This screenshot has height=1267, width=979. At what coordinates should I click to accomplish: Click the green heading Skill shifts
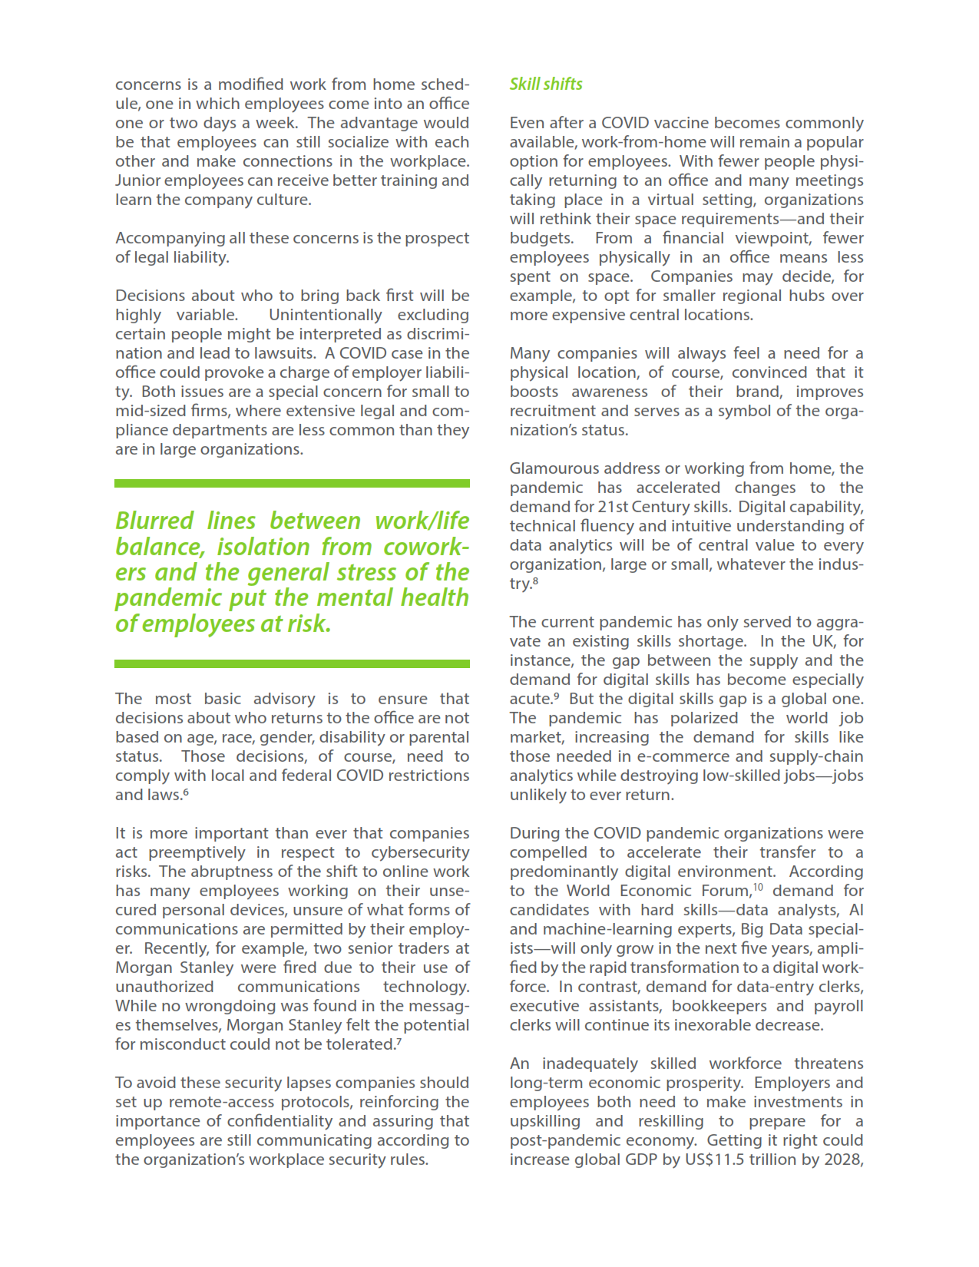[546, 84]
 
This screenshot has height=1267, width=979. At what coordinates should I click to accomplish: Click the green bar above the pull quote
[292, 484]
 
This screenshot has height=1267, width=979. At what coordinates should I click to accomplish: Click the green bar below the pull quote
[292, 663]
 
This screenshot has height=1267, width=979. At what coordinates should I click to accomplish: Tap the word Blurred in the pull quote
[154, 521]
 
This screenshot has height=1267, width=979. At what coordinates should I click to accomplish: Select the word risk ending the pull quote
[309, 624]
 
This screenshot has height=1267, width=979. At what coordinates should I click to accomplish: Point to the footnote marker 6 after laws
[186, 792]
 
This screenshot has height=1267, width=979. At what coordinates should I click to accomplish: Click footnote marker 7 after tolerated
[399, 1041]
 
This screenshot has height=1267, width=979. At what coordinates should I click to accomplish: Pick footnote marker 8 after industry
[535, 581]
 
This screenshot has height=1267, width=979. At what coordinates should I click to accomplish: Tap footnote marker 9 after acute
[555, 696]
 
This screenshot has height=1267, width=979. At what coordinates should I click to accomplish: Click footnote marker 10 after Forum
[758, 888]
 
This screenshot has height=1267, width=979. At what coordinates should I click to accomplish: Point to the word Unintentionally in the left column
[325, 315]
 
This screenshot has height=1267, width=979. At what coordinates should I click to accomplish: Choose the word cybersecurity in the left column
[420, 852]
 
